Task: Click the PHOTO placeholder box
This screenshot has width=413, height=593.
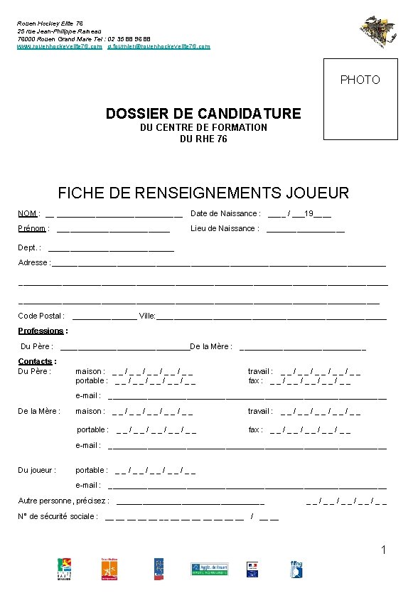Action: (x=360, y=99)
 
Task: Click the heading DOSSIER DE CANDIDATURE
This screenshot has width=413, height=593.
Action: (x=203, y=114)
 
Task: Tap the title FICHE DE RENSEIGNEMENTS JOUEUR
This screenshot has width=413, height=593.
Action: (x=203, y=193)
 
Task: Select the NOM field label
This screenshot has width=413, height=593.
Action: (x=28, y=214)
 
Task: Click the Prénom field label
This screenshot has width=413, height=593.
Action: (x=32, y=229)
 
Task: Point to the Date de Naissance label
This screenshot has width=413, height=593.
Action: (x=225, y=214)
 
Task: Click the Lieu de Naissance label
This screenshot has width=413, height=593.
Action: (x=224, y=229)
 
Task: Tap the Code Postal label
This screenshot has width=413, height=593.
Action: (x=41, y=316)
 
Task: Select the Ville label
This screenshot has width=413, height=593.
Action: (x=147, y=316)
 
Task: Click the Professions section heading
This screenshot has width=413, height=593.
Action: (x=43, y=331)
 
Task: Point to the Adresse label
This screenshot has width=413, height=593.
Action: (x=33, y=263)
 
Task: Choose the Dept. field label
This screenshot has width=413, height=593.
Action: (x=29, y=247)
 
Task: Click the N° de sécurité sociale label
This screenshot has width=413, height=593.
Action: (x=58, y=516)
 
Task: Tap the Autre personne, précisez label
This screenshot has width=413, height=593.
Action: (x=63, y=501)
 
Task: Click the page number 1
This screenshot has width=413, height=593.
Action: (x=384, y=550)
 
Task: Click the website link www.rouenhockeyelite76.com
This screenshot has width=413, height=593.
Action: (x=60, y=46)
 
